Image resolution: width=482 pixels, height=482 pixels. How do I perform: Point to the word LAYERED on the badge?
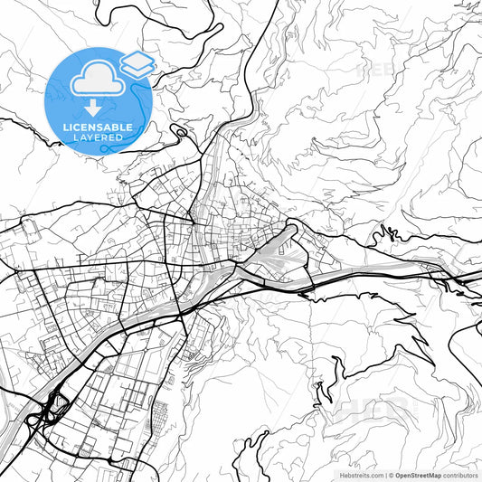click(x=99, y=137)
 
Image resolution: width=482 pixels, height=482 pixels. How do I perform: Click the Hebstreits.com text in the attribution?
click(x=361, y=474)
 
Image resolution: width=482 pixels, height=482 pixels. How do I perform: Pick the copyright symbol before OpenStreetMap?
click(x=391, y=474)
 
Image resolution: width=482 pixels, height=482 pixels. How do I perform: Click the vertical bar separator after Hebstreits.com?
click(x=384, y=474)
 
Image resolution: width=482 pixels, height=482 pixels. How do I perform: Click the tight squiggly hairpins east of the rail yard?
click(x=390, y=233)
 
